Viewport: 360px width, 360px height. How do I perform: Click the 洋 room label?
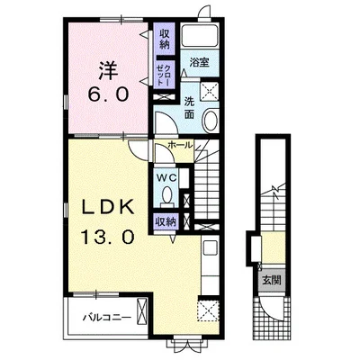click(x=108, y=70)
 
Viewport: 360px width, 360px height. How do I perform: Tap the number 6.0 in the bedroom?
click(x=108, y=94)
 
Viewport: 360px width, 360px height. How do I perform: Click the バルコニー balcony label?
click(x=107, y=318)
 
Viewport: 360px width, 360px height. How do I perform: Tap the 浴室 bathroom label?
click(x=200, y=63)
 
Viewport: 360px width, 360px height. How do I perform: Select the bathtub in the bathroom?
click(x=200, y=36)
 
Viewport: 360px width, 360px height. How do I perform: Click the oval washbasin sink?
click(x=211, y=120)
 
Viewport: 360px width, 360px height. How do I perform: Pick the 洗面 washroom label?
click(x=189, y=107)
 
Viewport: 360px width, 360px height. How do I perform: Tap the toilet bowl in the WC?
click(x=166, y=194)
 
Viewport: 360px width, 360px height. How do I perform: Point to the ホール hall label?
click(x=180, y=146)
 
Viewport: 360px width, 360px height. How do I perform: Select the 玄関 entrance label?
click(x=272, y=281)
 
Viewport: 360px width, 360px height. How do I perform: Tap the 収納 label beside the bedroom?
click(x=165, y=40)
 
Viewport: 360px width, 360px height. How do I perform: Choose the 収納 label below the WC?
click(x=165, y=222)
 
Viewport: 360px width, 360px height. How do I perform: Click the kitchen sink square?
click(x=210, y=247)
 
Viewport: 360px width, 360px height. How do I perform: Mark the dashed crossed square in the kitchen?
click(x=209, y=311)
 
